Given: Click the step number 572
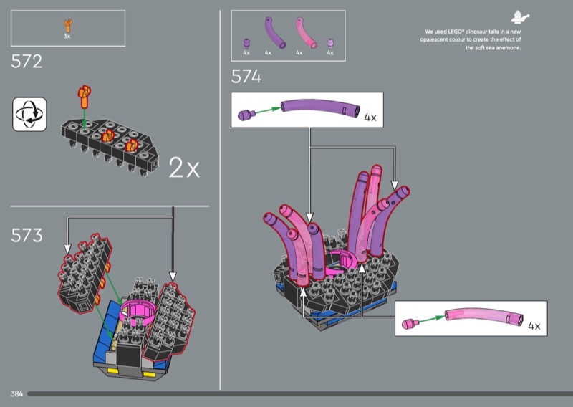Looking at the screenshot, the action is point(27,62).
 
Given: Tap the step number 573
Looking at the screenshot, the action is point(27,235).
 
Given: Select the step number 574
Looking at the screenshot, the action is point(246,77).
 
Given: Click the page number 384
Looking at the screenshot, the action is point(16,393).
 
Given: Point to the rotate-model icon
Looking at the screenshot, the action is point(29,114).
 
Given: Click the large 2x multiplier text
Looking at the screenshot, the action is point(184,168).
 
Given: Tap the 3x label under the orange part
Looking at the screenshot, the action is point(67,37).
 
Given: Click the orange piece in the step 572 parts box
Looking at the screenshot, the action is point(68,26).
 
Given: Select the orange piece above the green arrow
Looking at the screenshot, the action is point(84,97).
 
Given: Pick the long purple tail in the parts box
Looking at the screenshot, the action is point(274,33).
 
